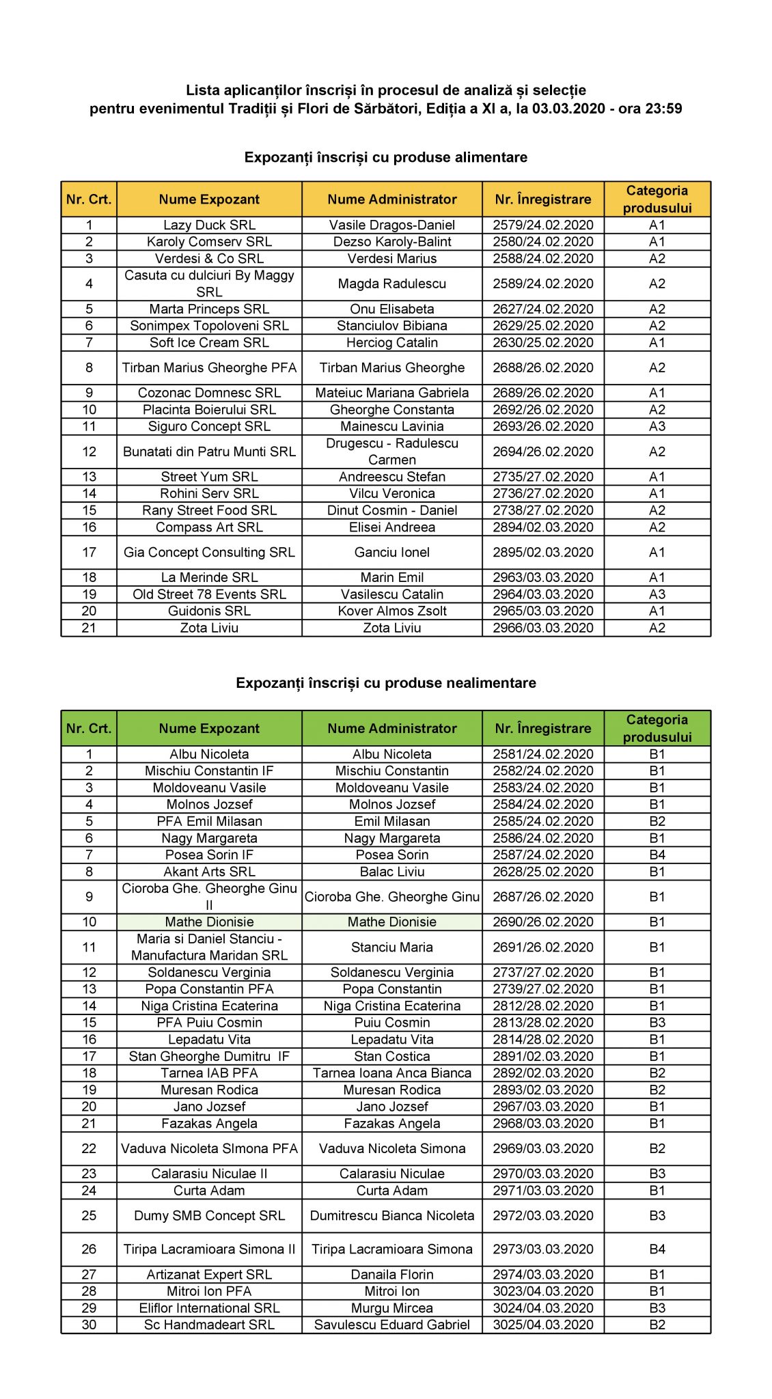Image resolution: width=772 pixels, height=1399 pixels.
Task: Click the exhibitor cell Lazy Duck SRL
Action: click(209, 225)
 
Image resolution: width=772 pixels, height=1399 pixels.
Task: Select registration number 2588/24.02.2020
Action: click(543, 258)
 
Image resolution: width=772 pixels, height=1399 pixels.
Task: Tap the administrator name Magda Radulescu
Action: click(391, 283)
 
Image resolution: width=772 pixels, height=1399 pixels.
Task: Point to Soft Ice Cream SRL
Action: click(209, 342)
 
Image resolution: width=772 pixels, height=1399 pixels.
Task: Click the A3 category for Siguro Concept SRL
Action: click(657, 426)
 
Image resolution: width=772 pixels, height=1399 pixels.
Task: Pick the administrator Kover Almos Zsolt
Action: click(391, 611)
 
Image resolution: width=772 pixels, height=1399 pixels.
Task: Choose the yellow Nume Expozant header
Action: click(209, 199)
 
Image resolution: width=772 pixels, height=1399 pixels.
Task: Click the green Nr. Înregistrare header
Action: click(543, 728)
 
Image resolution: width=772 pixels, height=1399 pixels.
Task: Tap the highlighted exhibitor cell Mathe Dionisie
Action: click(209, 922)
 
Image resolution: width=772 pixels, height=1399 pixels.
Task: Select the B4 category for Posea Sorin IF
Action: click(657, 855)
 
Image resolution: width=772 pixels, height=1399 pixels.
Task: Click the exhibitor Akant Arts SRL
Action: click(209, 872)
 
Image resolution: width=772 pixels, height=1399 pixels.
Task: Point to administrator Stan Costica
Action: click(391, 1056)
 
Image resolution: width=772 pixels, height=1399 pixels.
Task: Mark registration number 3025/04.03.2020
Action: click(543, 1325)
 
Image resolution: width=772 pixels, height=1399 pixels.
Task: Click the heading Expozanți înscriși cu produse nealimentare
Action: click(386, 683)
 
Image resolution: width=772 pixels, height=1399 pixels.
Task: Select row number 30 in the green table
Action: click(89, 1325)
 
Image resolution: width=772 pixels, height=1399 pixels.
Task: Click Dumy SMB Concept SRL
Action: click(209, 1215)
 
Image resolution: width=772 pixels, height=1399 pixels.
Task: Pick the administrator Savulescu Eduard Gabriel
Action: click(391, 1325)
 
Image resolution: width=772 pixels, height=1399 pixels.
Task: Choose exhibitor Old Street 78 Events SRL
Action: click(209, 594)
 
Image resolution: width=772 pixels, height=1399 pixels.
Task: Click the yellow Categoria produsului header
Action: click(657, 199)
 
